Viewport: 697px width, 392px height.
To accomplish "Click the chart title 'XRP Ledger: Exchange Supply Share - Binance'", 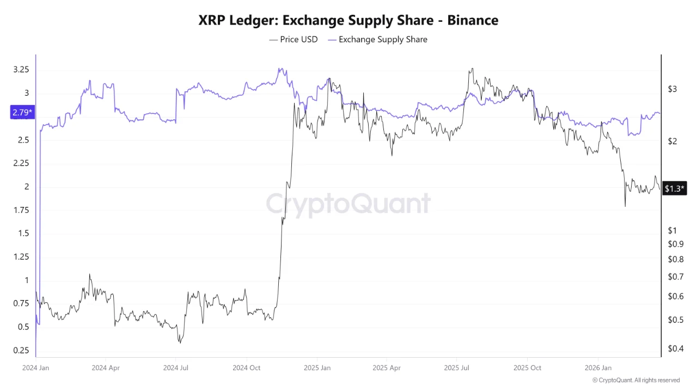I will (348, 20).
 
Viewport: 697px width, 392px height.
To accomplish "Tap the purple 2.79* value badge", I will (22, 113).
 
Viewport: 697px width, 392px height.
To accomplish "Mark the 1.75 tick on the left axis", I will (22, 210).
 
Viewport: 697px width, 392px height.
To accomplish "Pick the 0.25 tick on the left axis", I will (22, 350).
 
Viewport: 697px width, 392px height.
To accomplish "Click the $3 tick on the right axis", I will (672, 89).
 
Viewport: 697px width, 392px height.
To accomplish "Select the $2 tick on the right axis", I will (672, 142).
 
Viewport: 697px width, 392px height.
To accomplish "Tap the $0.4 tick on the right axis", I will (676, 348).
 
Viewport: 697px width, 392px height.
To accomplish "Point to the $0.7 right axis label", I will (676, 277).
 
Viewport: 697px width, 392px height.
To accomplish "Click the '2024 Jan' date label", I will (35, 367).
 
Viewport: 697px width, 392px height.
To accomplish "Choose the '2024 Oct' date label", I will (247, 367).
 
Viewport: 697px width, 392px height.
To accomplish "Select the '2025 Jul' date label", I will (457, 367).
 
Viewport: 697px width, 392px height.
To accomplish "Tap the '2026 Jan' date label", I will (597, 367).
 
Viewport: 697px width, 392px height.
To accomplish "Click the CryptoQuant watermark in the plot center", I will (348, 204).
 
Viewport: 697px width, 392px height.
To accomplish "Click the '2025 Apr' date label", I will (387, 367).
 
